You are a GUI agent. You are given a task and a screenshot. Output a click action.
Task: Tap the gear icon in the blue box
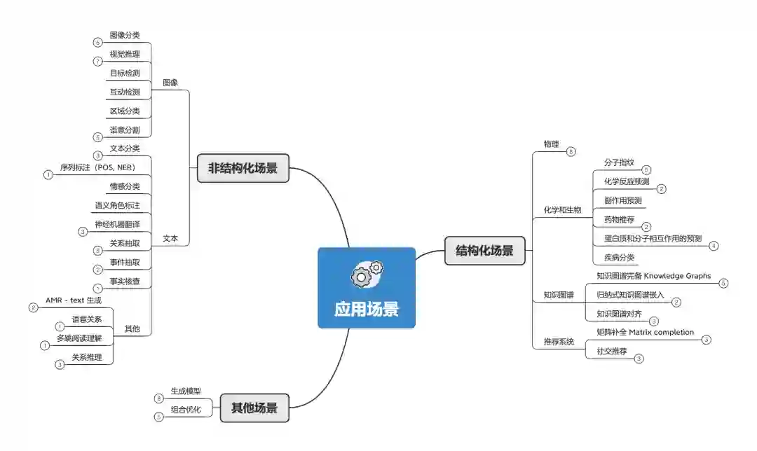point(367,273)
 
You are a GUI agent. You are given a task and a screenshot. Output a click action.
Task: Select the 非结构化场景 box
point(243,169)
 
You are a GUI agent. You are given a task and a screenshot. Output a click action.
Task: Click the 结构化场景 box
point(484,251)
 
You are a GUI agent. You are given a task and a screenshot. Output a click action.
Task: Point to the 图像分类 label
point(125,35)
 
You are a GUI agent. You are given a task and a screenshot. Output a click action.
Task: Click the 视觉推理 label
point(125,54)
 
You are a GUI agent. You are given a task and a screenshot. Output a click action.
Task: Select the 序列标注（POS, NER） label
point(97,167)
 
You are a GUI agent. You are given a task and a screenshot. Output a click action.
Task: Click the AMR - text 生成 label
point(74,300)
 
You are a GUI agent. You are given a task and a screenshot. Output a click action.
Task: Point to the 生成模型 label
point(186,391)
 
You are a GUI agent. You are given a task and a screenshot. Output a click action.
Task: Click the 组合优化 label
point(186,410)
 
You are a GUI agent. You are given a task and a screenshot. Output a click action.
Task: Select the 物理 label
point(552,144)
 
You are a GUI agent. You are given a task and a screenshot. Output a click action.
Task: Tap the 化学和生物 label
point(563,210)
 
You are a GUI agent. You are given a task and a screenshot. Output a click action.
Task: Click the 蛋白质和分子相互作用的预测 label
point(653,239)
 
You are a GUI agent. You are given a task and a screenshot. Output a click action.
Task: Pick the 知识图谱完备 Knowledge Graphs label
point(653,276)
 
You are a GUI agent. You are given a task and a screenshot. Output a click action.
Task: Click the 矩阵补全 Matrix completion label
point(645,332)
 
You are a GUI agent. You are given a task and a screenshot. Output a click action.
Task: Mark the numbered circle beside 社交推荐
point(639,359)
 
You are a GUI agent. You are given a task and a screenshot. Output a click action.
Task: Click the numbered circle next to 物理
point(571,151)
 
